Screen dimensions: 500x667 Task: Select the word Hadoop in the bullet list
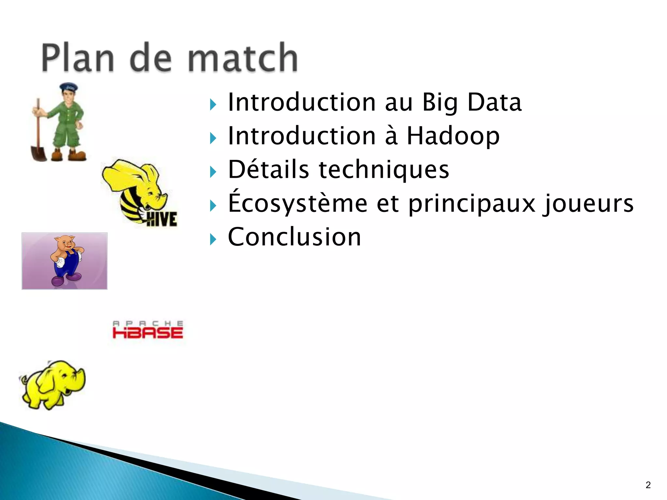(453, 136)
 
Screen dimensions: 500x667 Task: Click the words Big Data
(472, 102)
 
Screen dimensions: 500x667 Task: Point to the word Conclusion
(294, 237)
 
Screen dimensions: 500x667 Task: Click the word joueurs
(588, 203)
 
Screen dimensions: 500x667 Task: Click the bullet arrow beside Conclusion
(213, 240)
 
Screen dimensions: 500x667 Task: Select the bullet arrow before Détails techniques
(213, 172)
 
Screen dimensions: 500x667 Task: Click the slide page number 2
(648, 485)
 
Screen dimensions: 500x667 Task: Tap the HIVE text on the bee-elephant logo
(162, 219)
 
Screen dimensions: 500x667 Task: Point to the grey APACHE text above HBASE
(148, 323)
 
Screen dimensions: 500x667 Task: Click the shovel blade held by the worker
(38, 153)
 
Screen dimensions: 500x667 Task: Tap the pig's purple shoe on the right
(75, 277)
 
